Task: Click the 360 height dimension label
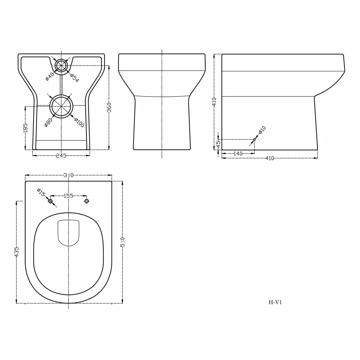[x=109, y=107]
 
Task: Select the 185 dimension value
[x=25, y=128]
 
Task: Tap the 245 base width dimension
[x=61, y=156]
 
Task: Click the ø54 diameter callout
[x=74, y=78]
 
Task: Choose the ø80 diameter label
[x=48, y=122]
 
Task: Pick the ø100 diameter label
[x=79, y=122]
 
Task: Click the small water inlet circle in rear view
[x=61, y=66]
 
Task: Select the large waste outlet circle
[x=61, y=106]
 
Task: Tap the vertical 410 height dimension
[x=214, y=102]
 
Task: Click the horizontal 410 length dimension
[x=269, y=158]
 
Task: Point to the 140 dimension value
[x=238, y=154]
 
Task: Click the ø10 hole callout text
[x=262, y=130]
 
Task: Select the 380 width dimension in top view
[x=68, y=175]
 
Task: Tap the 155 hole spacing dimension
[x=68, y=196]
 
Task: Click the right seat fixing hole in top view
[x=86, y=201]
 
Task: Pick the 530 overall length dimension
[x=122, y=242]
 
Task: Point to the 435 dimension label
[x=17, y=251]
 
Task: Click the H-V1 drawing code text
[x=275, y=302]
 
